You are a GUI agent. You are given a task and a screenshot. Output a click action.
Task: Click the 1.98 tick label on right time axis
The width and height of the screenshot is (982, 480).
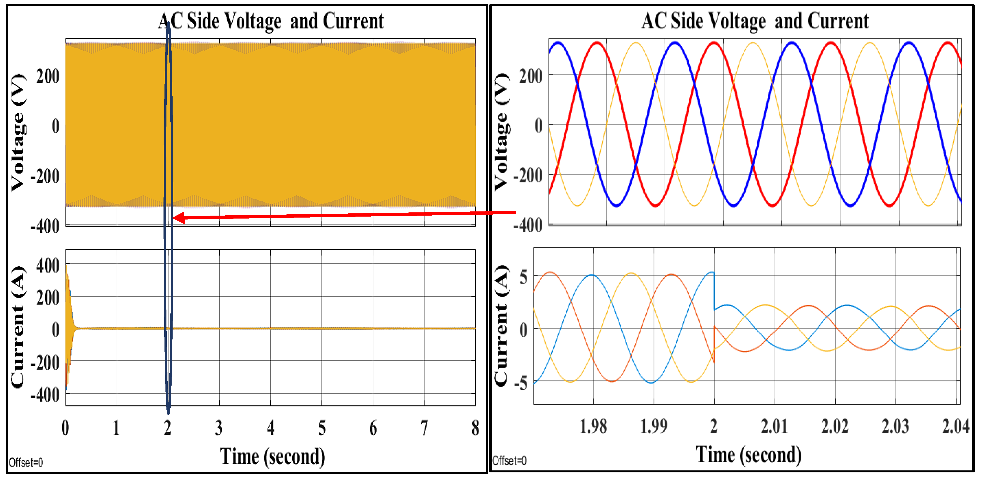(593, 426)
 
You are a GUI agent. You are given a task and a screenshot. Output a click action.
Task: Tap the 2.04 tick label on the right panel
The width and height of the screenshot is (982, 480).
(955, 426)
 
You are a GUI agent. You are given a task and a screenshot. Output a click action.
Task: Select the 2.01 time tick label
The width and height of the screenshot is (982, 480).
(774, 426)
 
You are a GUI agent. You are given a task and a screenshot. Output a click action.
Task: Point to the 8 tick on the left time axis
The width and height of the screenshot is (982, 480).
(475, 428)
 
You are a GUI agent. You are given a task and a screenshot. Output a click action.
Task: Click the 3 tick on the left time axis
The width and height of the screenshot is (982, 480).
(218, 428)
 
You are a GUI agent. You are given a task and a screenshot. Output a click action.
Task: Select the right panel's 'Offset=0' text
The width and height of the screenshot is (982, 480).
(509, 461)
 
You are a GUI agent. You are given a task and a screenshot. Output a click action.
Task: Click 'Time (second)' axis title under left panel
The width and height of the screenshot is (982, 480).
(273, 456)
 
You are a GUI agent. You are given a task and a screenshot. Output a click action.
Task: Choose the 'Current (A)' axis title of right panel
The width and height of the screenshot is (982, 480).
(501, 326)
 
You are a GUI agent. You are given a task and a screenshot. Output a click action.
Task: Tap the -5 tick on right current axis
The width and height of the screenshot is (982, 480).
(521, 382)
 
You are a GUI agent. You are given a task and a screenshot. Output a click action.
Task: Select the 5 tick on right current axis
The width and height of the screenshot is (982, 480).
(524, 277)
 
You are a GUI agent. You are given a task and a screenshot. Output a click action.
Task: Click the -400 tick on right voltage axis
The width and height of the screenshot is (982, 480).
(528, 225)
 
